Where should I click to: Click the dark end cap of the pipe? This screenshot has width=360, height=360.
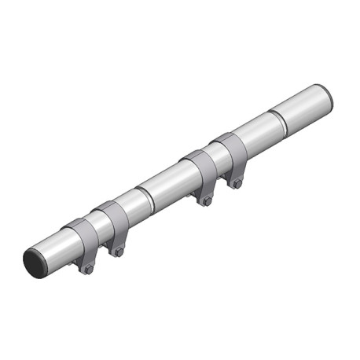point(35,262)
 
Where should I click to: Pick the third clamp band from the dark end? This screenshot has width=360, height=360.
point(199,167)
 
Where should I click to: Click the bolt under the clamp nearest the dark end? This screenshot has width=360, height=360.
point(88,270)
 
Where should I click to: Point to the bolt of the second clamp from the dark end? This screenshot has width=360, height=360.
point(119,252)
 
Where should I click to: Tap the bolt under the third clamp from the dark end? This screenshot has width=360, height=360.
point(207,201)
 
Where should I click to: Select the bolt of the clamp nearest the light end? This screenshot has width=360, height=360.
point(237,184)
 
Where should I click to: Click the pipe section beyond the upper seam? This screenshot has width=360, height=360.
point(303,107)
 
